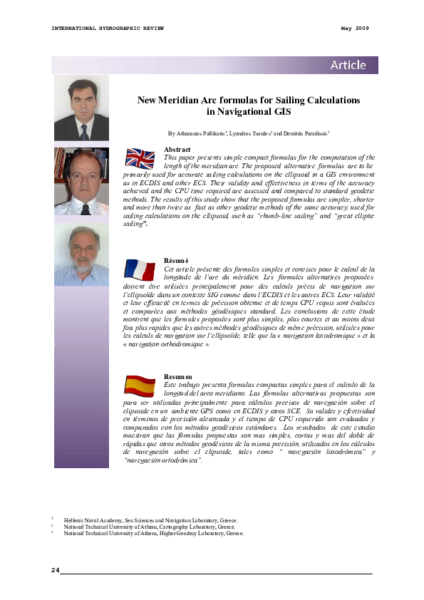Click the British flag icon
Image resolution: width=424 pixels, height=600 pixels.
(140, 159)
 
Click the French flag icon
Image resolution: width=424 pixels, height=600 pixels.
(140, 269)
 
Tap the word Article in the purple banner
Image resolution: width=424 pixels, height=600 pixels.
(348, 66)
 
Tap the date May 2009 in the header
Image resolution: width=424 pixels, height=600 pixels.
(355, 28)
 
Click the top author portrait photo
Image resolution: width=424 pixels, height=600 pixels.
(82, 108)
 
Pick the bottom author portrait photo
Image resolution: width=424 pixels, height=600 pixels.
(82, 256)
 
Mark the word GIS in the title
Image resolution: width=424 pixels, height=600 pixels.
(281, 112)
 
